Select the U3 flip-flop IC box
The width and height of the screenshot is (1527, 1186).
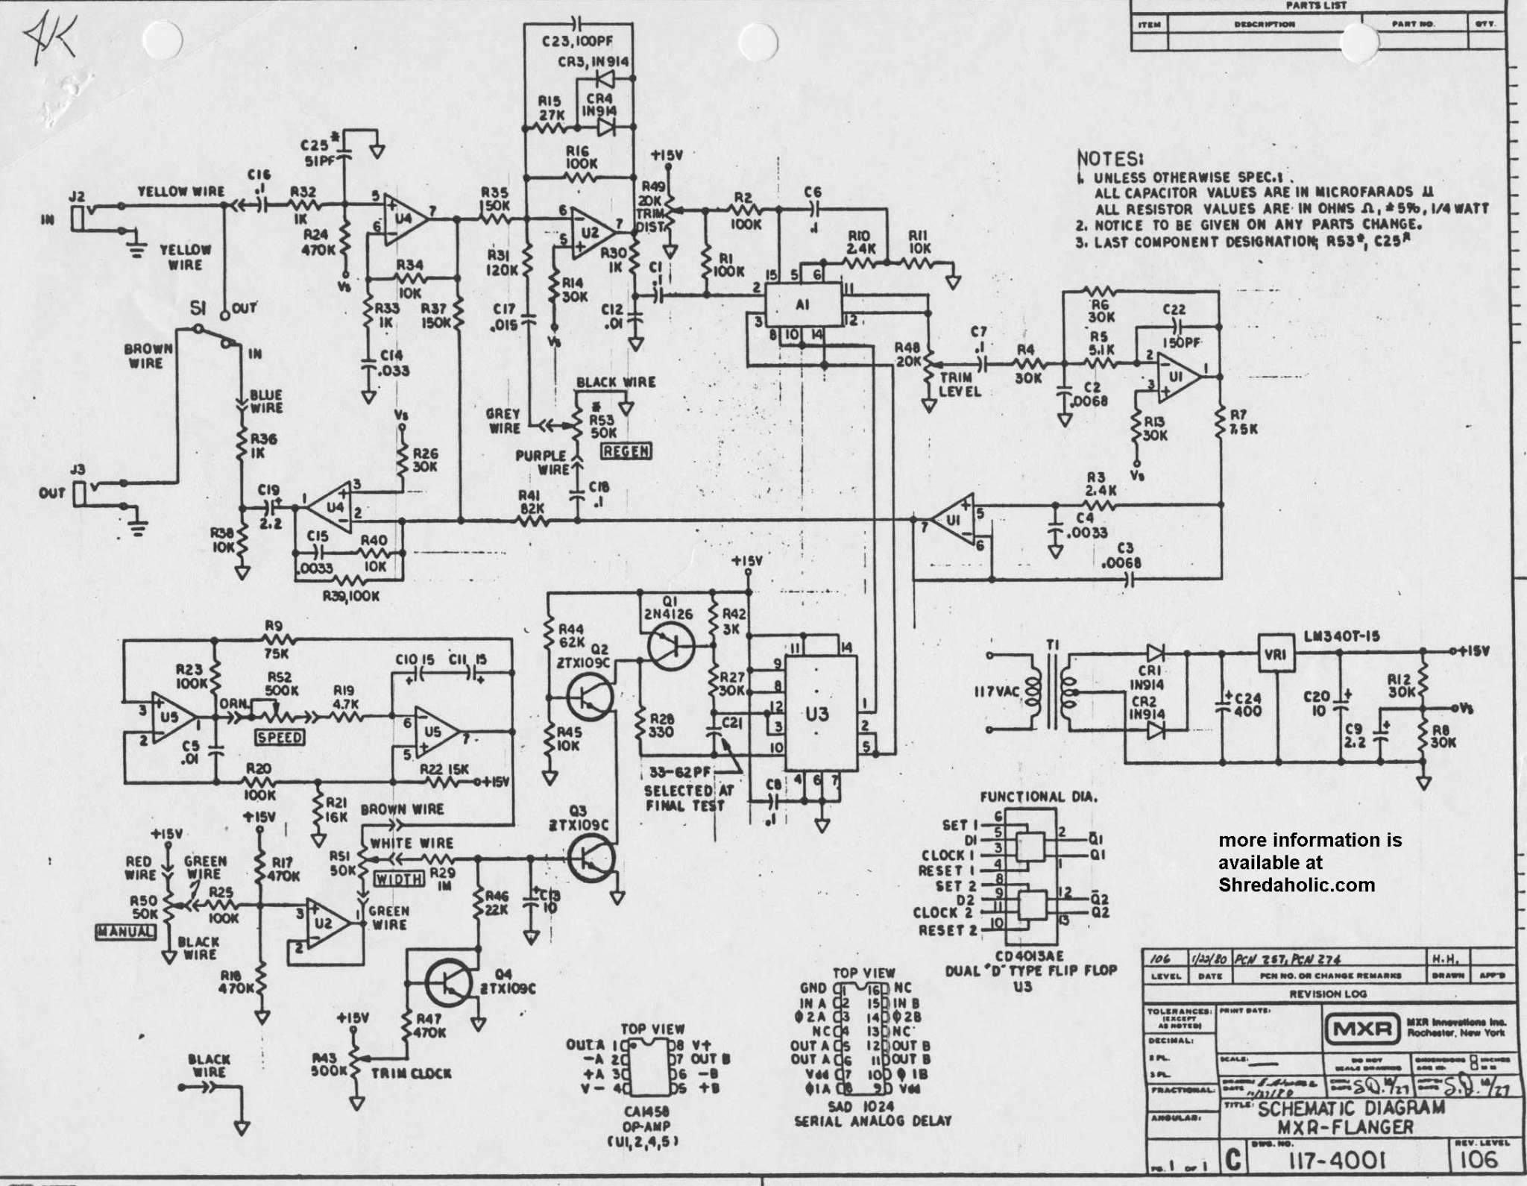click(817, 713)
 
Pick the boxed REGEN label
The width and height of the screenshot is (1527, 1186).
click(625, 451)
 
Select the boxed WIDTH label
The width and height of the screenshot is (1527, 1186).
click(399, 879)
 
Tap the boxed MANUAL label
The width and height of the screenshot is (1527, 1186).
click(126, 932)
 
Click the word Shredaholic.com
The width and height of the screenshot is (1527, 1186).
click(1296, 885)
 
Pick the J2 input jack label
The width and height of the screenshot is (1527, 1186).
click(75, 197)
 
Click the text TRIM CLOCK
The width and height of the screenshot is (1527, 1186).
click(411, 1073)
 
